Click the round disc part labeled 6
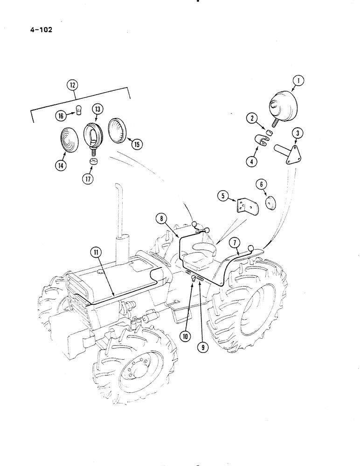pyautogui.click(x=270, y=203)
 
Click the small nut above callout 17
pyautogui.click(x=93, y=162)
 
